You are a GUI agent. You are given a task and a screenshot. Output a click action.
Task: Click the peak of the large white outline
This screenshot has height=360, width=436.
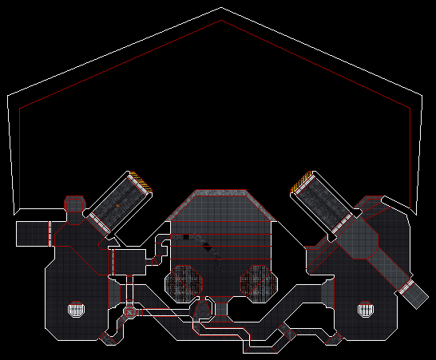point(220,8)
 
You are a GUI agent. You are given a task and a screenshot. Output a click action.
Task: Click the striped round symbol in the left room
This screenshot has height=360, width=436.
point(76,308)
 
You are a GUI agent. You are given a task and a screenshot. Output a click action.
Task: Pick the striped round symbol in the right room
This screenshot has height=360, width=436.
point(366,308)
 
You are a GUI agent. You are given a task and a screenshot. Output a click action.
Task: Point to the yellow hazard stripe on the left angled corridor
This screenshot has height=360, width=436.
point(141,182)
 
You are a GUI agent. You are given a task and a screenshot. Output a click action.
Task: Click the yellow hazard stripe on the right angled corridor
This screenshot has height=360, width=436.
point(299,184)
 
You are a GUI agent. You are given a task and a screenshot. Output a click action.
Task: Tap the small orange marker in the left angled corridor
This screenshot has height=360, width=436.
point(117,206)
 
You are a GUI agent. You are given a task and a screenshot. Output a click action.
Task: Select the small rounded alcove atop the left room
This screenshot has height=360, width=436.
point(74,205)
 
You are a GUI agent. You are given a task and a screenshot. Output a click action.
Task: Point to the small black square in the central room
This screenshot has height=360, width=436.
point(185,236)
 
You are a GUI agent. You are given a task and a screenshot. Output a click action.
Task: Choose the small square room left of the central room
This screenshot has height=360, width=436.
point(127,260)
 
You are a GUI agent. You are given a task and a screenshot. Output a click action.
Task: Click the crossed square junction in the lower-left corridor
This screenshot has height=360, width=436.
point(129,311)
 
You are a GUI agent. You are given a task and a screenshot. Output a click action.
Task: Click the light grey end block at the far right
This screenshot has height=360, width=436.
point(416,296)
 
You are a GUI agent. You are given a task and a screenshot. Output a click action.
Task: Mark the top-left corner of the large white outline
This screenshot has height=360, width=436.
point(8,97)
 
